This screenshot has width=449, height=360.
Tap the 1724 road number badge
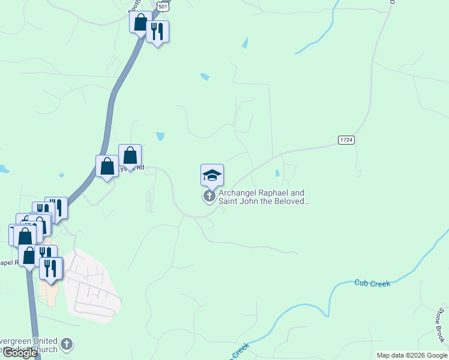[x=346, y=140]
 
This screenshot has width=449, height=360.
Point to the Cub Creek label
[x=372, y=283]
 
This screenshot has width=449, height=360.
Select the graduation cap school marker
[x=212, y=175]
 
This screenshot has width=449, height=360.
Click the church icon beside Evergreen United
[x=67, y=344]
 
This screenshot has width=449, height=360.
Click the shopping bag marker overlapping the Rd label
[x=130, y=156]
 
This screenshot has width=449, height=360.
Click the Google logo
[x=19, y=353]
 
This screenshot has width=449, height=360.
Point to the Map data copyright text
[x=411, y=355]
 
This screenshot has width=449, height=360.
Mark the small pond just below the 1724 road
[x=277, y=173]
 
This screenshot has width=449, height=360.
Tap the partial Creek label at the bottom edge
[x=240, y=350]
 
